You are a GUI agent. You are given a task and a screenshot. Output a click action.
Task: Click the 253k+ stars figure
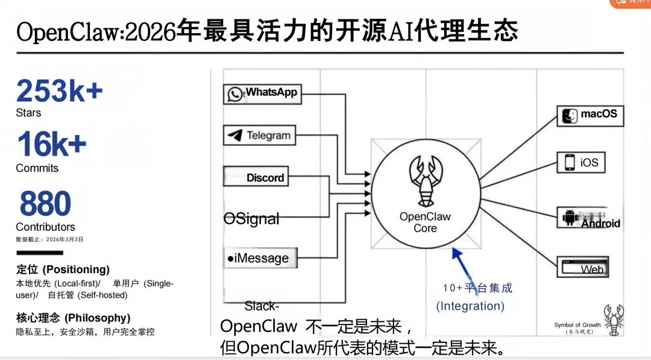59,91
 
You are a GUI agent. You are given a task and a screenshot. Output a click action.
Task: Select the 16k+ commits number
51,145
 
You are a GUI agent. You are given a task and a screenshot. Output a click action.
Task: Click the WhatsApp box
262,93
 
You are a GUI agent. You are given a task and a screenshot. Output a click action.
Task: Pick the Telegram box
259,135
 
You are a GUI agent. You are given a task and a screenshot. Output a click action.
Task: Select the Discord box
256,177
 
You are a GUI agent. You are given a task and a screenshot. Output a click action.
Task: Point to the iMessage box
260,258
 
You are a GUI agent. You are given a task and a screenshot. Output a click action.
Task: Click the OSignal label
251,219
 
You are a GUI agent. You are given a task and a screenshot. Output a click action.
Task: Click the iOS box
580,162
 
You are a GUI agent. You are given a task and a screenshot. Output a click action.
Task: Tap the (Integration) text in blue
470,306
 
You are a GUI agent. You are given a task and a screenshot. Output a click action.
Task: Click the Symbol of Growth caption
577,325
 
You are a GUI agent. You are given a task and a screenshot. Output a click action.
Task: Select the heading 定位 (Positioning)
63,269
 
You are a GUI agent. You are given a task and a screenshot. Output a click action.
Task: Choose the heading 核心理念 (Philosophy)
73,318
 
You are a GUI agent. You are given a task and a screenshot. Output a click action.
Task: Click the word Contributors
45,227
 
